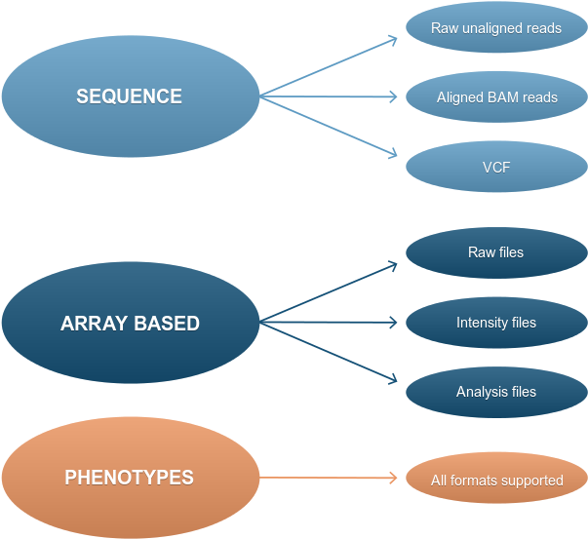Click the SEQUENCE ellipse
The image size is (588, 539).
click(130, 96)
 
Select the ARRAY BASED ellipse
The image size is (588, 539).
click(130, 323)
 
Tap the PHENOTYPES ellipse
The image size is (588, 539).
click(130, 478)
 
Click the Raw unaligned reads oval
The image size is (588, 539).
click(495, 28)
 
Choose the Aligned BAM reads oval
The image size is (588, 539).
click(495, 97)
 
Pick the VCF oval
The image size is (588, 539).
click(495, 167)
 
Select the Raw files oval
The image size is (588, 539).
click(495, 252)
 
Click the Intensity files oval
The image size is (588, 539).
click(495, 323)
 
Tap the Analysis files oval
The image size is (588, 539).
click(495, 392)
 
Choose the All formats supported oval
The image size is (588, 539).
click(495, 480)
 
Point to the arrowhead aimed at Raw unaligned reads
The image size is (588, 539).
click(393, 40)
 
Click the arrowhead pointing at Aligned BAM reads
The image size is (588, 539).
click(394, 96)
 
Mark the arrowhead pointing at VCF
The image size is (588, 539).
click(393, 153)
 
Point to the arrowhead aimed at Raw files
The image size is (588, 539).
click(393, 265)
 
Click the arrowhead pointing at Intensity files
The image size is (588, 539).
click(394, 322)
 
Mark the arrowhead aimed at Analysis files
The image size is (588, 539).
click(393, 378)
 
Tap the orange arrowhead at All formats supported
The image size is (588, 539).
click(394, 478)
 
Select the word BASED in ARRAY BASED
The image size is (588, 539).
click(166, 324)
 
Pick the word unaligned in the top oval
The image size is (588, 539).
click(492, 28)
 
